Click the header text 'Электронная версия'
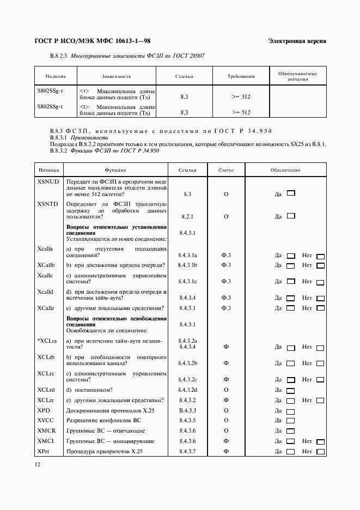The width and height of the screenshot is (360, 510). pos(297,41)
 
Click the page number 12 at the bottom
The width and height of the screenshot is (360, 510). pos(37,464)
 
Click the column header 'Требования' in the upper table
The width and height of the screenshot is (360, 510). pos(241,76)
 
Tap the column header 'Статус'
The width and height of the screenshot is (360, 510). pos(226,170)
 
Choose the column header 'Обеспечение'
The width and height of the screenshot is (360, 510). pos(285,170)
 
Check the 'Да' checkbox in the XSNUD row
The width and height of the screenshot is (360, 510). pos(291,193)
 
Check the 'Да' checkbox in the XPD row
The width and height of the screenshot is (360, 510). pos(291,411)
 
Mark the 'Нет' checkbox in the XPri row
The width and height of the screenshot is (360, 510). pos(320,452)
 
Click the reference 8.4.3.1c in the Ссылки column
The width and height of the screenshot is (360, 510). pos(187,281)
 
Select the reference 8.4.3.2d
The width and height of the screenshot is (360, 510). pos(187,390)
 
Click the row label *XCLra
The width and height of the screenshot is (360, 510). pos(47,341)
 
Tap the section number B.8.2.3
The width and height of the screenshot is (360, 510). pos(58,56)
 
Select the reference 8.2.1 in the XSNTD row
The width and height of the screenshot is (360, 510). pos(187,216)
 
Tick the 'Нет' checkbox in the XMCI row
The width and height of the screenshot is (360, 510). pos(320,442)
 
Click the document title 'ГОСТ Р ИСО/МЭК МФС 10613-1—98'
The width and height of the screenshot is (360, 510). pos(93,41)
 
